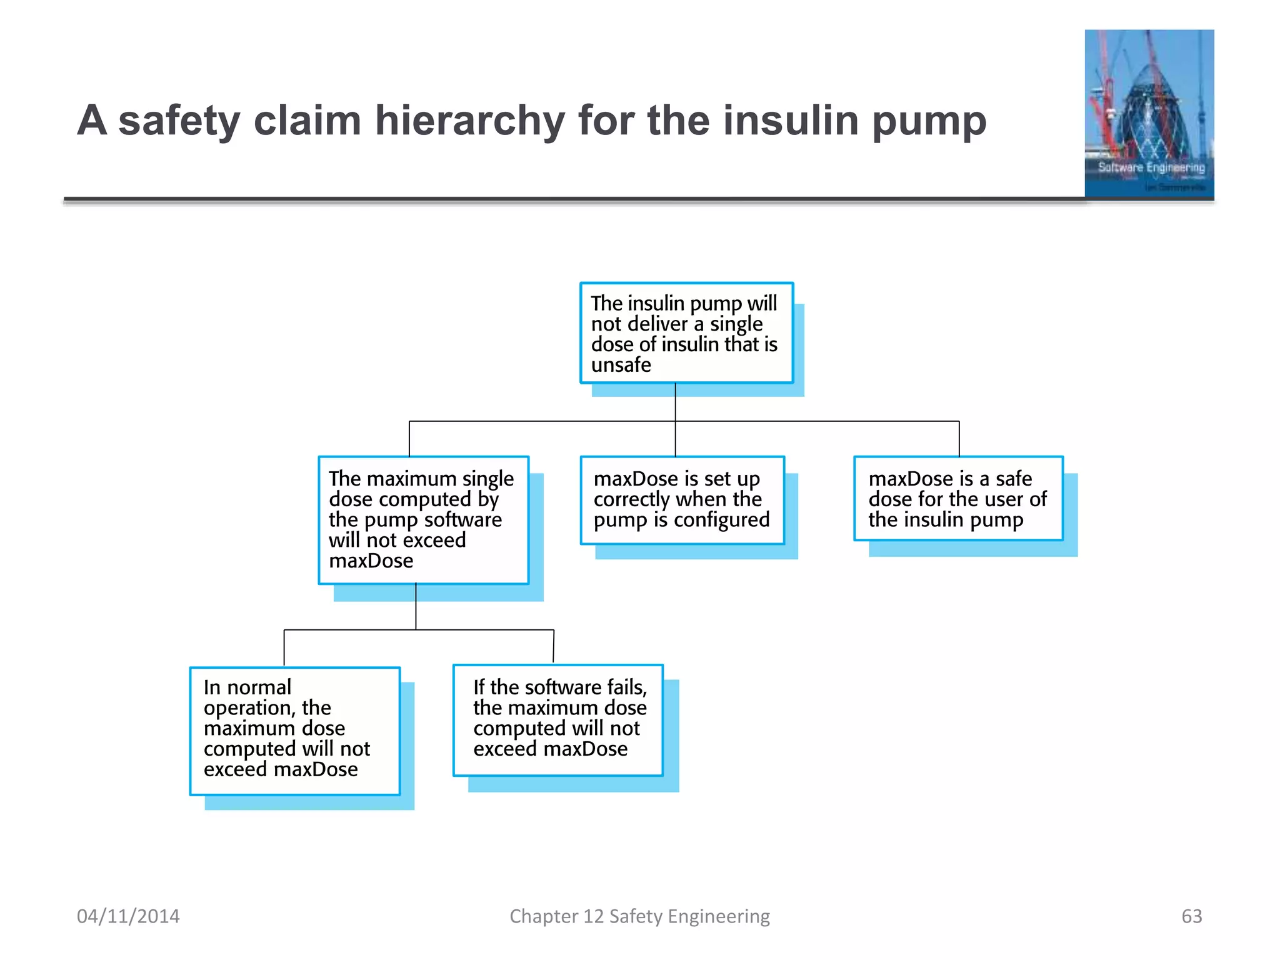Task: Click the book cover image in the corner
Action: [x=1149, y=114]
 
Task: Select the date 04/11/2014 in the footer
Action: [x=128, y=916]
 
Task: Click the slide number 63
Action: [x=1191, y=916]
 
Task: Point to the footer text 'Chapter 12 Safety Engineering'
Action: [x=639, y=916]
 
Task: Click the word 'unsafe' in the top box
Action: [x=621, y=365]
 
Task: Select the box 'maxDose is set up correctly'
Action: [x=682, y=500]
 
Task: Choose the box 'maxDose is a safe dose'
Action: [x=957, y=499]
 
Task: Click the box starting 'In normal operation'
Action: [x=294, y=731]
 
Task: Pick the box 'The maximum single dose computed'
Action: [x=423, y=520]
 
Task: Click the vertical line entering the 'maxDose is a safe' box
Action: [x=959, y=439]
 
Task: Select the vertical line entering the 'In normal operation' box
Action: [x=284, y=648]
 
